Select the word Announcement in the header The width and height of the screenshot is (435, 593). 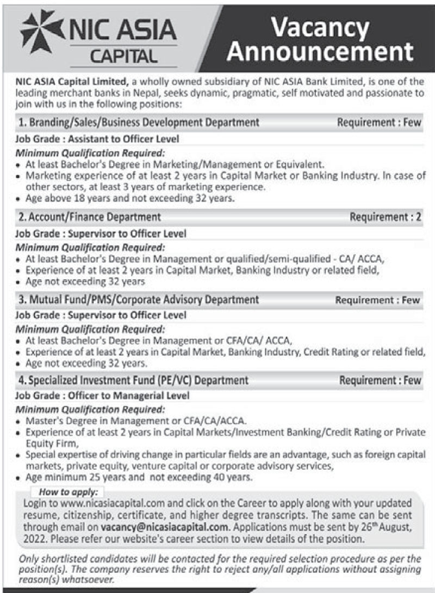click(320, 53)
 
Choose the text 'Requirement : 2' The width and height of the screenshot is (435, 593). click(386, 217)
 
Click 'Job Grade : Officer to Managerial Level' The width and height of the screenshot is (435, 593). click(102, 396)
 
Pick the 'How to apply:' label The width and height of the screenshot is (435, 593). click(68, 492)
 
